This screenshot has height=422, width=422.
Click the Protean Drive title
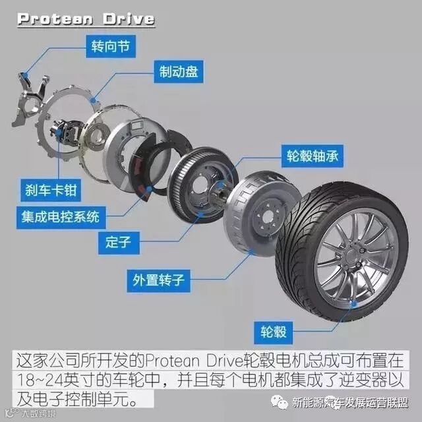pos(85,18)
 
